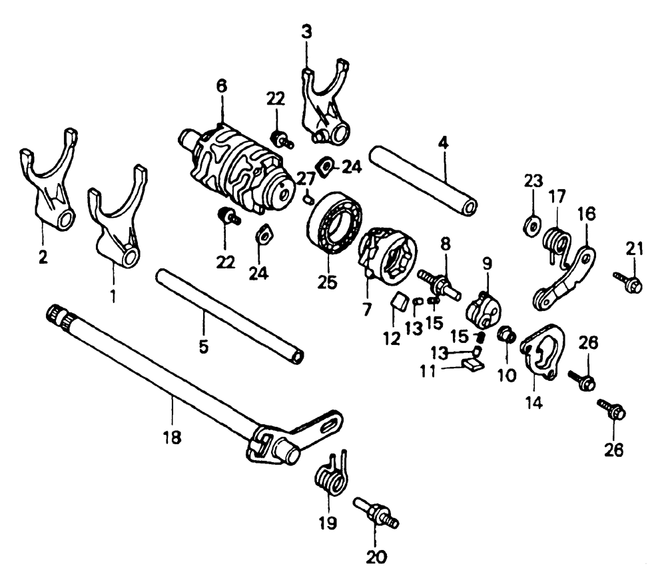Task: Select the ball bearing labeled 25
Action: click(334, 222)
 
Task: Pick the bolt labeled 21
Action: click(628, 282)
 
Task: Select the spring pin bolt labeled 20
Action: click(376, 513)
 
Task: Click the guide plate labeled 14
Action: click(543, 351)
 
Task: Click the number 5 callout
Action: click(204, 347)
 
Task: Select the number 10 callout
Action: click(507, 375)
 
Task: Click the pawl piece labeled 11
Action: click(472, 364)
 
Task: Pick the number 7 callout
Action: click(366, 310)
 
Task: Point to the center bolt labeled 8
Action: click(439, 284)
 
